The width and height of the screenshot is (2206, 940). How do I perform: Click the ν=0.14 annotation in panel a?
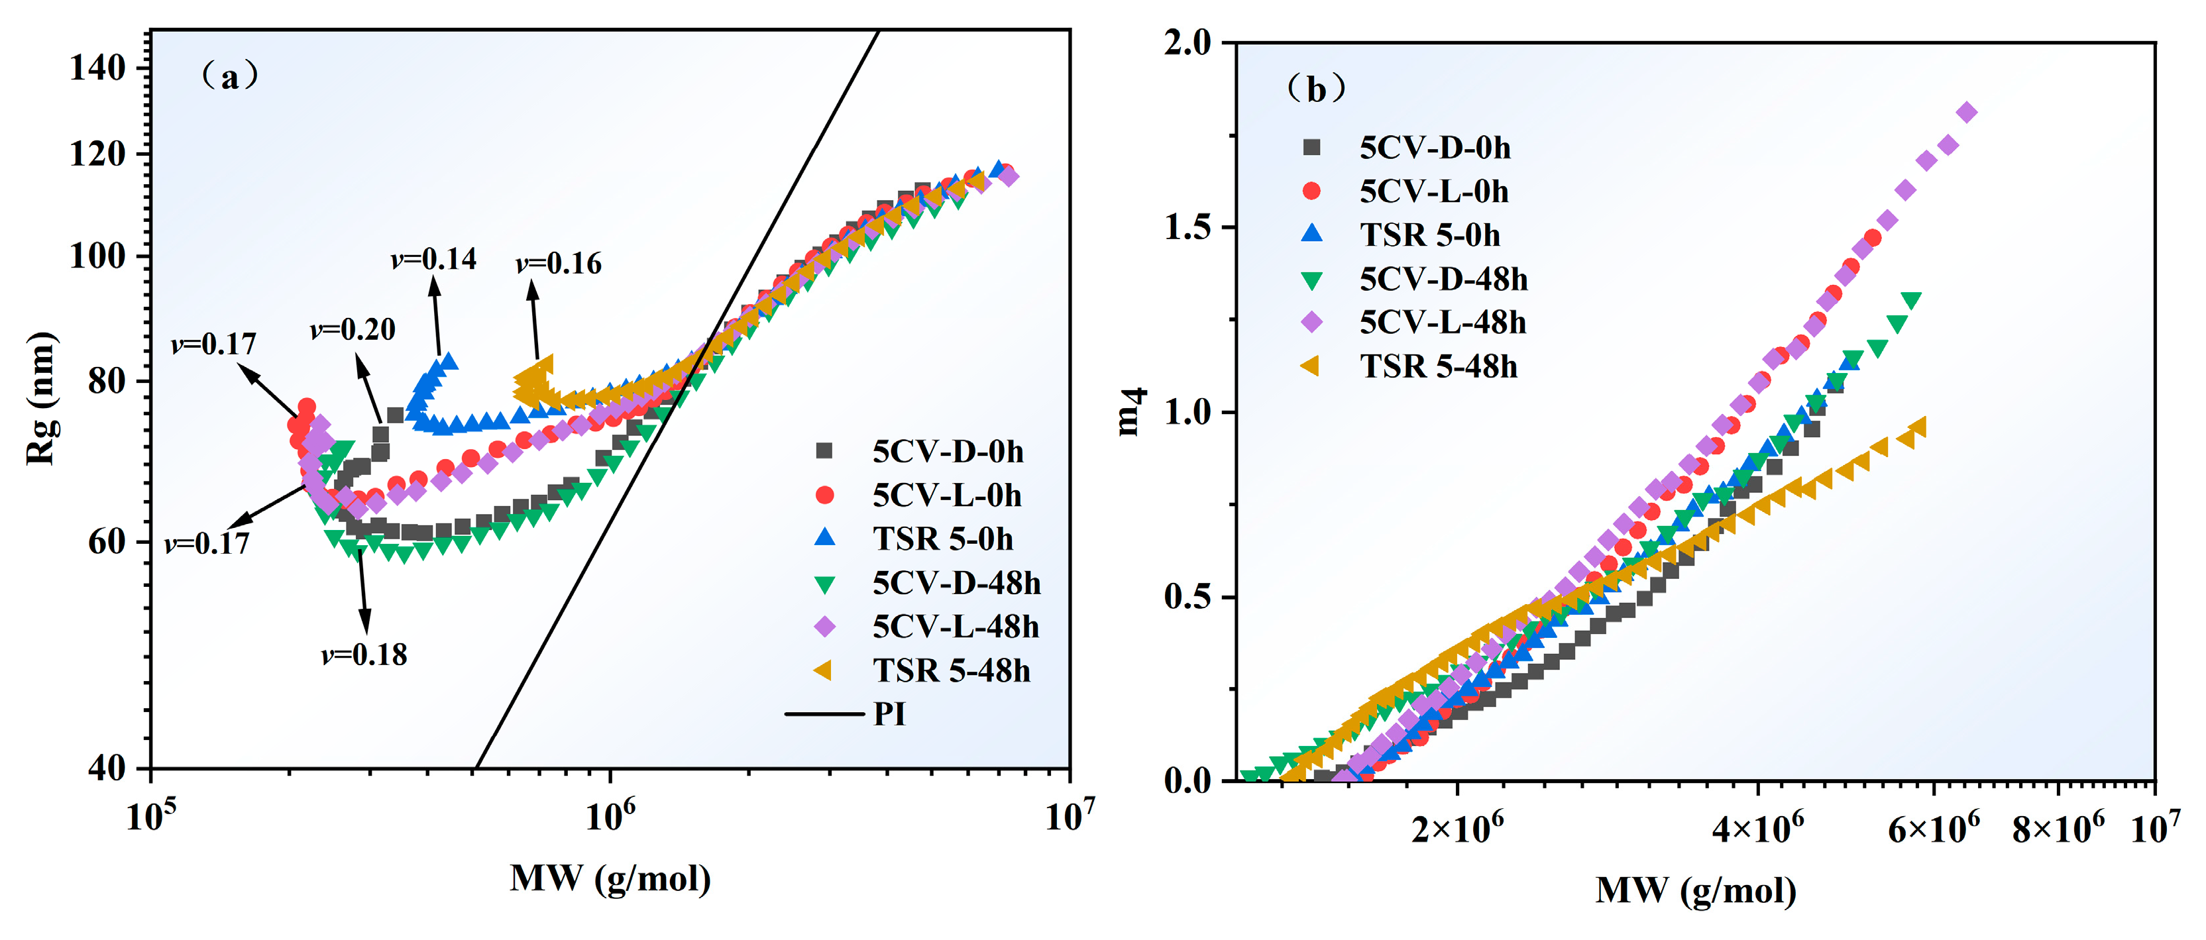click(433, 258)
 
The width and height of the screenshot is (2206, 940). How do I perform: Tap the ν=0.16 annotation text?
click(559, 264)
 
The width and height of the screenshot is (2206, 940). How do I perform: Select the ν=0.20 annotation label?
click(353, 330)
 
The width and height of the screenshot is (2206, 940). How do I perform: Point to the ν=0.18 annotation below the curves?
click(364, 655)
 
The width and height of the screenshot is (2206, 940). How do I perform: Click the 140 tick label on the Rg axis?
click(97, 68)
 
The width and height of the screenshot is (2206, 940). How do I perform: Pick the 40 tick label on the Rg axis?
click(107, 768)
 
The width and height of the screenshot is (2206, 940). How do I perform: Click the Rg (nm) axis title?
click(40, 398)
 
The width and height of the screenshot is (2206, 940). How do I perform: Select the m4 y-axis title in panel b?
click(1131, 411)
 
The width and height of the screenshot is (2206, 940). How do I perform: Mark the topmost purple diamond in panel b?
click(1967, 112)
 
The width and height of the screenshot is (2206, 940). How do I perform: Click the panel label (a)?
click(229, 77)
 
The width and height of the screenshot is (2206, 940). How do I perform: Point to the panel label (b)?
click(1316, 89)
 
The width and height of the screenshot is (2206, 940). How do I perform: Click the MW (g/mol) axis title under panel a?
click(610, 878)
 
